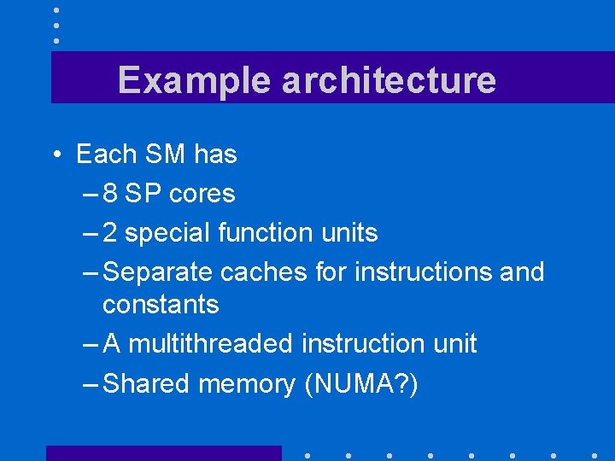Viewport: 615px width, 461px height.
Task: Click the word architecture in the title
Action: point(388,80)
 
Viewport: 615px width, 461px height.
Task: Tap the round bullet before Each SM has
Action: point(55,155)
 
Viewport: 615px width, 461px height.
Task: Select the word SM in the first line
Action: point(165,155)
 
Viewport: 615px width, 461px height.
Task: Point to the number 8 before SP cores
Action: point(110,194)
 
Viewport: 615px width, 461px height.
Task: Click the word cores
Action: point(202,194)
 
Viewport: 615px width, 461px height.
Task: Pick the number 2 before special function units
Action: point(110,232)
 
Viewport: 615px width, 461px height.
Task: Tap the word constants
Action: point(161,304)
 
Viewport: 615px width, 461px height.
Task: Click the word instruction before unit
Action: point(367,344)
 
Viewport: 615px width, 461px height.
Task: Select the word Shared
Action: point(146,384)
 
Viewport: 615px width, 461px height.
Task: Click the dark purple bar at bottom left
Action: point(163,453)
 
